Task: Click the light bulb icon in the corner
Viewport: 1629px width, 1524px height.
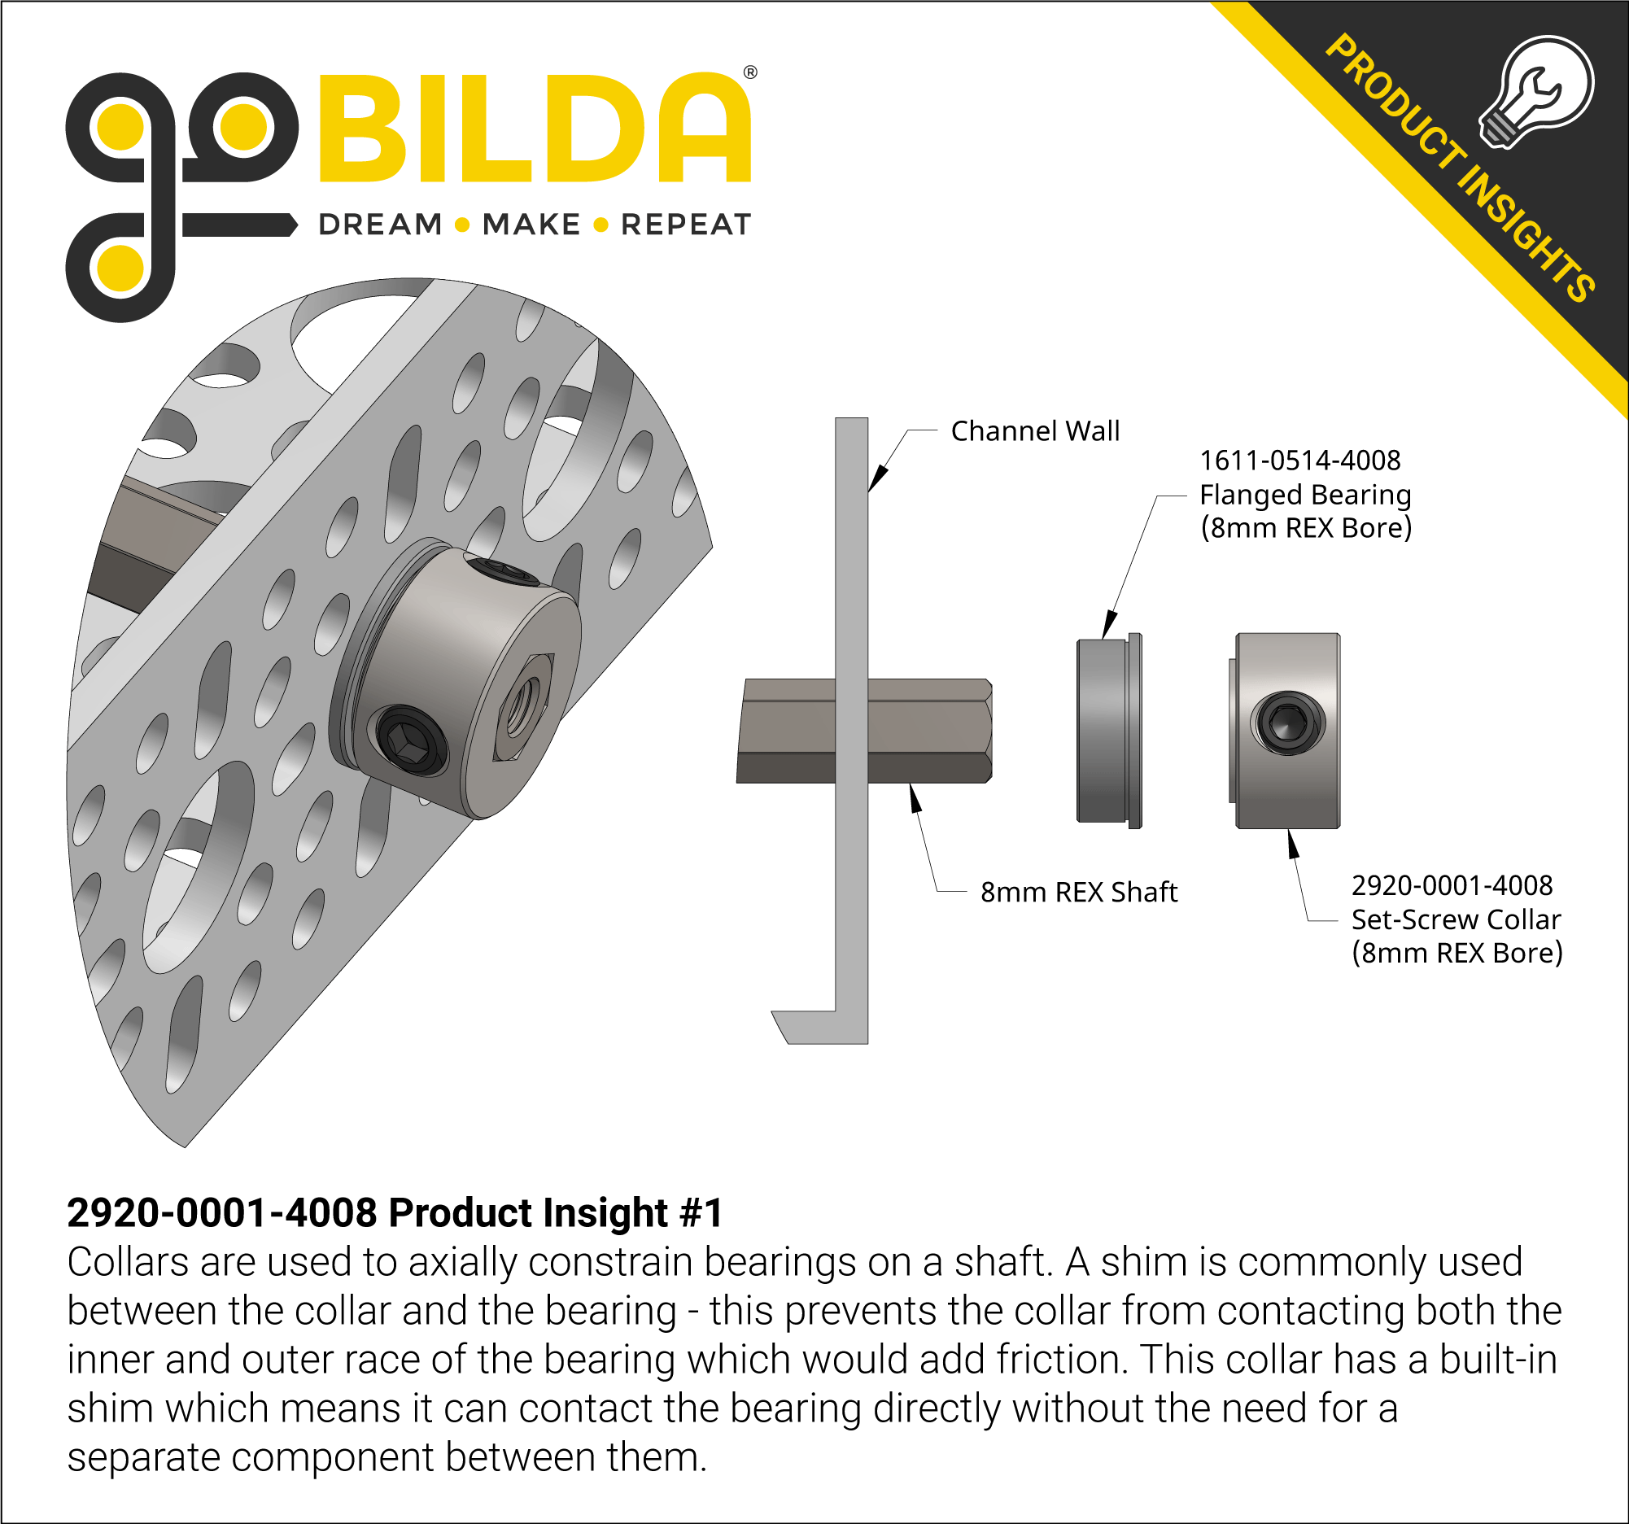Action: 1537,90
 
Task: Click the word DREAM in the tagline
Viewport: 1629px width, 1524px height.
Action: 380,225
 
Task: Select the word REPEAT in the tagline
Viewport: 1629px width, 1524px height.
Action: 686,225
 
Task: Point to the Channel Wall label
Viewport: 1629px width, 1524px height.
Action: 1035,431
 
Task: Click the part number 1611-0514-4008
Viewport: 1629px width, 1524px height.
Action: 1299,461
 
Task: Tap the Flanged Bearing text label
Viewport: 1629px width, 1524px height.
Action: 1305,495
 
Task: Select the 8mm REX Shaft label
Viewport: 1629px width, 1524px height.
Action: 1078,892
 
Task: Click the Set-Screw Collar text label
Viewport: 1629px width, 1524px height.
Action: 1456,919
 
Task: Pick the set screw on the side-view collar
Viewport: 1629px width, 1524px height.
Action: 1287,723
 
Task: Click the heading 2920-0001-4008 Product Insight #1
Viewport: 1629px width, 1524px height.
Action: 394,1213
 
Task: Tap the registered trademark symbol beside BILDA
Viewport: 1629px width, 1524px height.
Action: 749,73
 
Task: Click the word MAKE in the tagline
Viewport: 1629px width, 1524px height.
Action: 531,225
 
